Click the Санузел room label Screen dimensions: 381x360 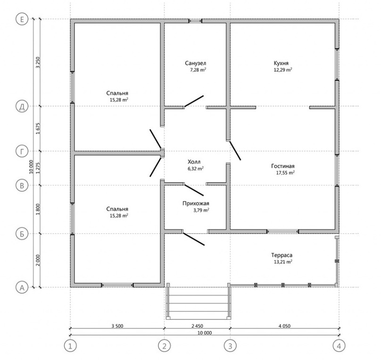click(196, 63)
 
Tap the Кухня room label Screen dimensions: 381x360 click(281, 63)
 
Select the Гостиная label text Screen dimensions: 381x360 click(283, 166)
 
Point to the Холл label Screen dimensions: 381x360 click(194, 162)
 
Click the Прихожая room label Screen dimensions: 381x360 click(196, 204)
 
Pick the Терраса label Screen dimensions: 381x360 click(282, 255)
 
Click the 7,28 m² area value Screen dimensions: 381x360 click(198, 70)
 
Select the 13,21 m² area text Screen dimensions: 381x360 click(283, 262)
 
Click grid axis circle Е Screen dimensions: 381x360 click(22, 19)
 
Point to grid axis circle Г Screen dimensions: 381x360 click(22, 151)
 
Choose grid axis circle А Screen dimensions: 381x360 click(22, 287)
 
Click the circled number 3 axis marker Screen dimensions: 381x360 click(230, 346)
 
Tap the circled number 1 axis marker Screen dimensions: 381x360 click(70, 346)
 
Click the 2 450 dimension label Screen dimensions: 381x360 click(197, 326)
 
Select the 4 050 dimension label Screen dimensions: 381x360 click(284, 326)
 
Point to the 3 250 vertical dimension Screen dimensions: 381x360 click(38, 62)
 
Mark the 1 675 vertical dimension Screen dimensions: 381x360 click(38, 129)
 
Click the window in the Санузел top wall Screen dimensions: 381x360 click(196, 21)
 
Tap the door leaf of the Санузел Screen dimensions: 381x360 click(194, 101)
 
